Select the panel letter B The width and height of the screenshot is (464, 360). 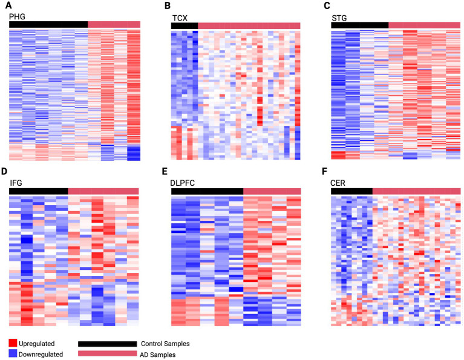[168, 5]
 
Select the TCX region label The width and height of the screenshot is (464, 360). [181, 18]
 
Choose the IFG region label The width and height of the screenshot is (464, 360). [16, 182]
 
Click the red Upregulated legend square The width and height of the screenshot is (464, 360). [14, 343]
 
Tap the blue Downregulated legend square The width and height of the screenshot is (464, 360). [14, 353]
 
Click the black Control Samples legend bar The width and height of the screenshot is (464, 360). [107, 343]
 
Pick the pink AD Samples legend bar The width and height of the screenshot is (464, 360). [107, 353]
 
